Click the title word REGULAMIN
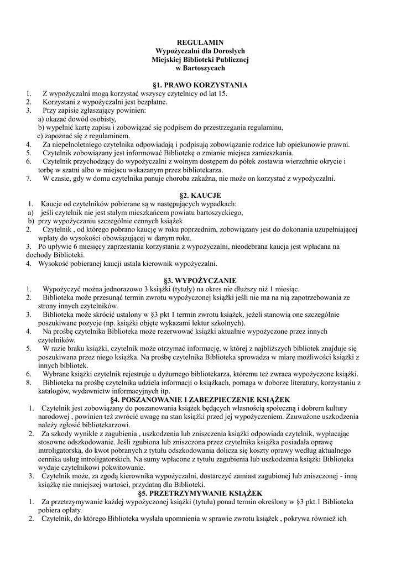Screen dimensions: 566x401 [200, 42]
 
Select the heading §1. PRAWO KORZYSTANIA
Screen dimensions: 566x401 [200, 85]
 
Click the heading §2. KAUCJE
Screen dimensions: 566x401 [201, 196]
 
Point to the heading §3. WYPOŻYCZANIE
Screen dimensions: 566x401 [200, 280]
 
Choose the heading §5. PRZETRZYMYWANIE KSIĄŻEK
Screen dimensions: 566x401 [200, 492]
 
